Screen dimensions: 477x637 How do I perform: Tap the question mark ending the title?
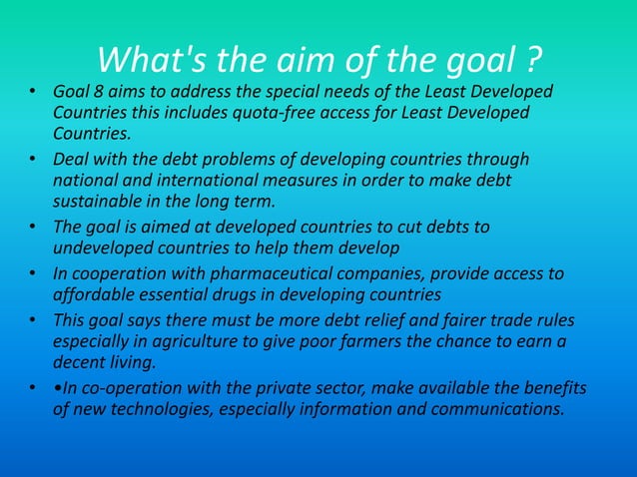[x=533, y=61]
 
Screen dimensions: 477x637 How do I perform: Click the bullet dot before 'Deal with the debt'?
[x=32, y=160]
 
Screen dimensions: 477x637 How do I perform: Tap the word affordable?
[x=95, y=294]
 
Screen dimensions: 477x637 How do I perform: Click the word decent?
[x=80, y=362]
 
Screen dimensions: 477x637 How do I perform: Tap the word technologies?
[x=178, y=408]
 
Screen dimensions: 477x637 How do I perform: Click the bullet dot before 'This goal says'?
[x=32, y=320]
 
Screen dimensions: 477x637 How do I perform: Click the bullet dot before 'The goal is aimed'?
[x=32, y=227]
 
